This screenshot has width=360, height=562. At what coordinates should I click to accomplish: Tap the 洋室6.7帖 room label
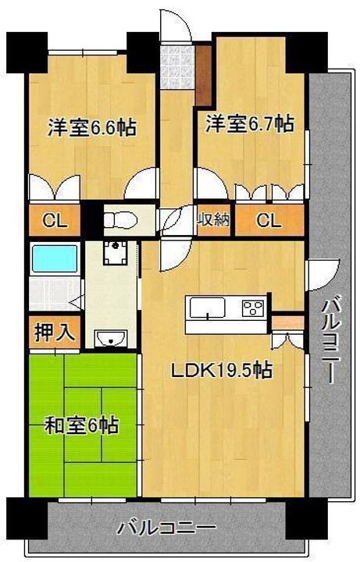250,123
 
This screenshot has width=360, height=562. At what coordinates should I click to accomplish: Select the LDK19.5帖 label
222,372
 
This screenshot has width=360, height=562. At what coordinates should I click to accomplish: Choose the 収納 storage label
212,220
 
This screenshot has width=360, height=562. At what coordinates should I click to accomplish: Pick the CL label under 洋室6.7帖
268,220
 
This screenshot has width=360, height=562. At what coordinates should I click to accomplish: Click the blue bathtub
53,258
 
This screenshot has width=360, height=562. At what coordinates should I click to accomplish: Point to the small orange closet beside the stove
287,321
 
